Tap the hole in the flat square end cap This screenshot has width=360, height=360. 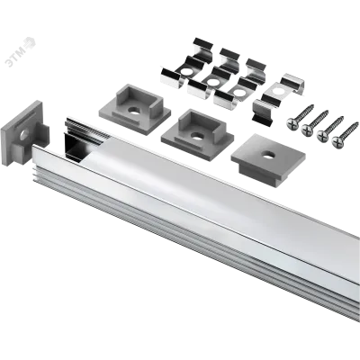pos(266,155)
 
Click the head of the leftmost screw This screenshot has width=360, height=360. pos(292,122)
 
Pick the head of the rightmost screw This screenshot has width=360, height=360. pos(338,141)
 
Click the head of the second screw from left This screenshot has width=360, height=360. pos(308,129)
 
